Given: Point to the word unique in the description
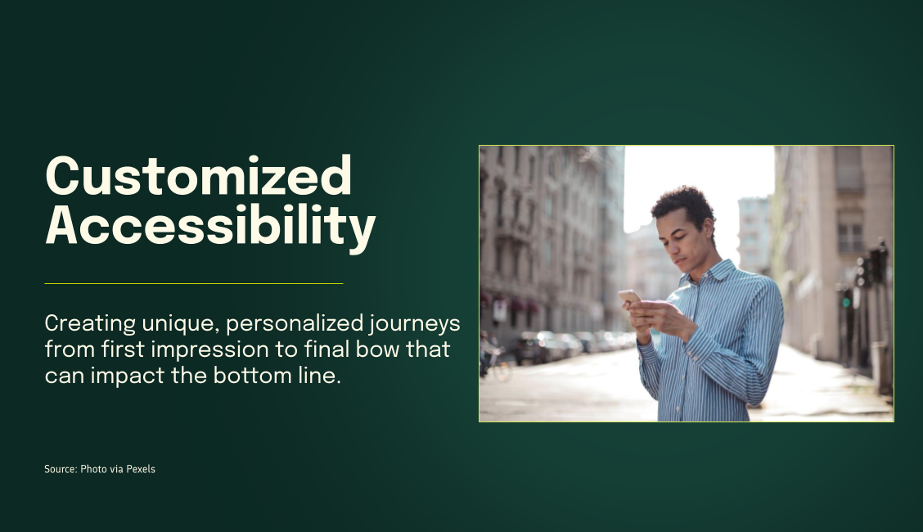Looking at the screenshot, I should pyautogui.click(x=177, y=324).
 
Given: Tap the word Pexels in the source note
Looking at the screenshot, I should pyautogui.click(x=141, y=469).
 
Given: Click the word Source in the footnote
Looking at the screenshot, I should pyautogui.click(x=60, y=469).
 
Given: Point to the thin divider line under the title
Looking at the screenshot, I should pyautogui.click(x=193, y=283).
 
